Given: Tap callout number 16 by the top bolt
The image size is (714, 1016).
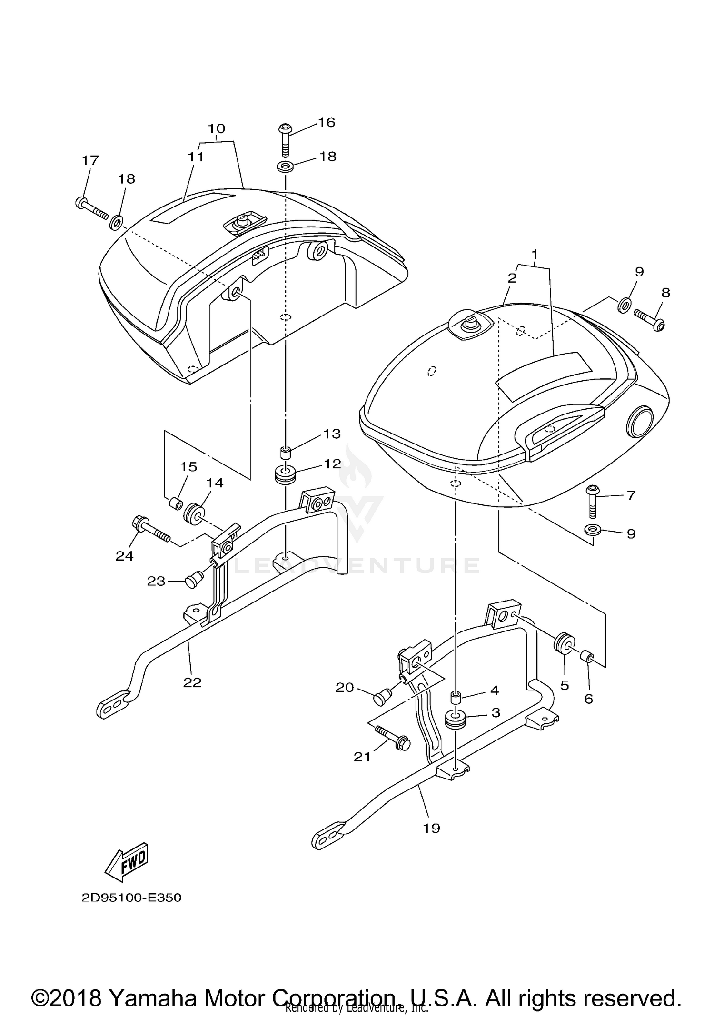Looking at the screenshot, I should click(327, 122).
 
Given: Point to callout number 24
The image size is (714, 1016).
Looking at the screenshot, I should click(124, 555).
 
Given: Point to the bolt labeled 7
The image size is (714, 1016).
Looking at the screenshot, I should click(593, 505).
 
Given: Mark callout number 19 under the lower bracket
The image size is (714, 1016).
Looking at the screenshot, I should click(432, 828).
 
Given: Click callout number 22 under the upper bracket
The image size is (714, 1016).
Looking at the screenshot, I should click(192, 682).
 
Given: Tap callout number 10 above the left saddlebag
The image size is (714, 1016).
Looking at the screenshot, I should click(217, 128).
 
